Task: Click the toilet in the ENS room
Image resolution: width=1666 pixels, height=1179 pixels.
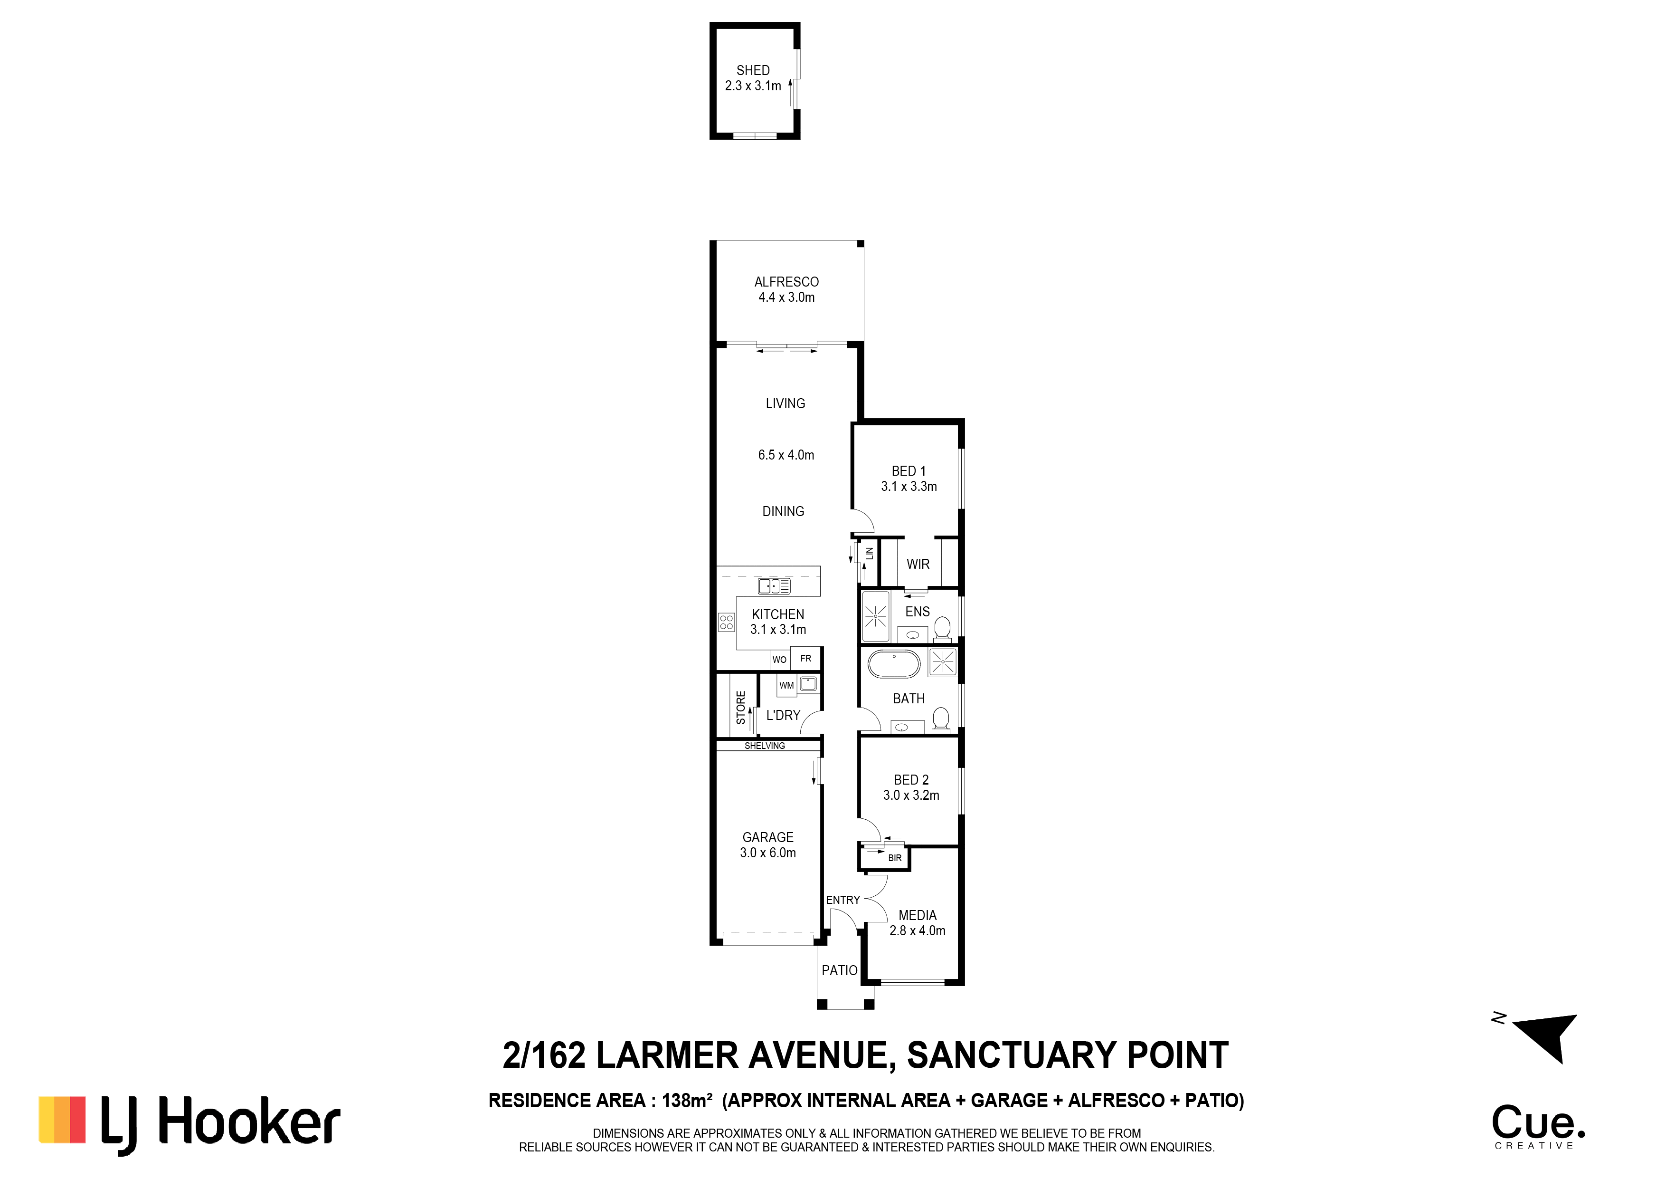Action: click(x=943, y=628)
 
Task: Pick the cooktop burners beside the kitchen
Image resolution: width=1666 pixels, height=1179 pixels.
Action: click(x=726, y=622)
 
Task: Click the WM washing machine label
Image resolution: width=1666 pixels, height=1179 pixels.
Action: click(x=786, y=685)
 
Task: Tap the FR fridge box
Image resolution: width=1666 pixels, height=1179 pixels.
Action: click(x=805, y=659)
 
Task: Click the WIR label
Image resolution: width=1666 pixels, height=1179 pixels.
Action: click(x=918, y=564)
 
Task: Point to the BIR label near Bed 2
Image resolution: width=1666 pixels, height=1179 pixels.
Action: click(x=895, y=858)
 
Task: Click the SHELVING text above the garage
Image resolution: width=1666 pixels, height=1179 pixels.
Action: click(x=764, y=746)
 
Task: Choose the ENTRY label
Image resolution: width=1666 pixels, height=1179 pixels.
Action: click(x=842, y=900)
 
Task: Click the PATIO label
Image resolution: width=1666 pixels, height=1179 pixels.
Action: click(x=840, y=971)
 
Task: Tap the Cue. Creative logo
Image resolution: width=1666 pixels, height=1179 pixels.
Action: click(x=1538, y=1126)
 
